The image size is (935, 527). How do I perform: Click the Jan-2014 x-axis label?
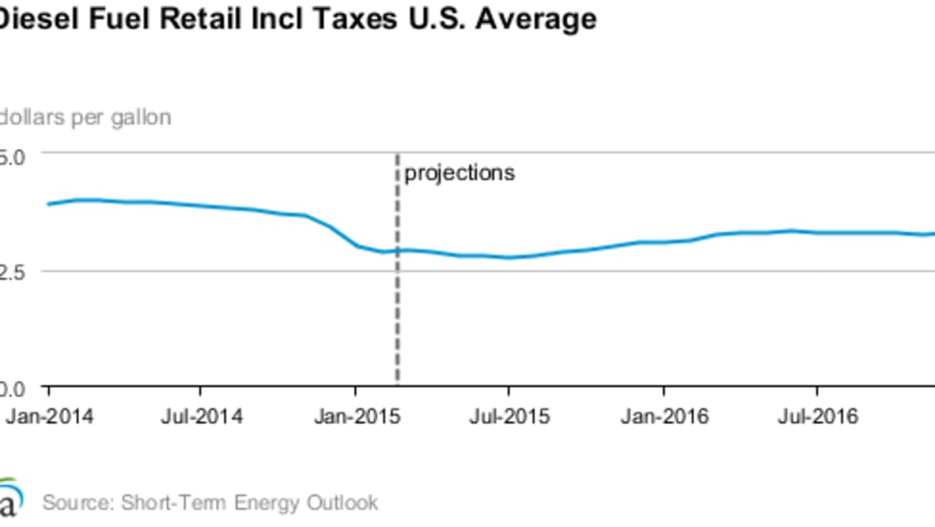49,417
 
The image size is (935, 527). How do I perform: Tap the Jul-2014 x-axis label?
200,417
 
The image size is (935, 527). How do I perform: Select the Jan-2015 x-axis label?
355,417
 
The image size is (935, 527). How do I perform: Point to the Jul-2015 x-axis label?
509,417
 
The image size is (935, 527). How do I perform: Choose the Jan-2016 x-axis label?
664,417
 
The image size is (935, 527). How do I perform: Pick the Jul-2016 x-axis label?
817,417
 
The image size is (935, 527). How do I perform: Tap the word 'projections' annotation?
460,174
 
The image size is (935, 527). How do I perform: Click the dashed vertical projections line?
397,315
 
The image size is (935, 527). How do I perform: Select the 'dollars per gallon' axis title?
86,117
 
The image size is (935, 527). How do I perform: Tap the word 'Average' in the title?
541,18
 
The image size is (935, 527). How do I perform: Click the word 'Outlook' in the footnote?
343,503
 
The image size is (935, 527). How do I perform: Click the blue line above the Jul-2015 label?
509,257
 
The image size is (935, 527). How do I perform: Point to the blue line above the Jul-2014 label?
200,205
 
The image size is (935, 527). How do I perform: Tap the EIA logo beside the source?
9,499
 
